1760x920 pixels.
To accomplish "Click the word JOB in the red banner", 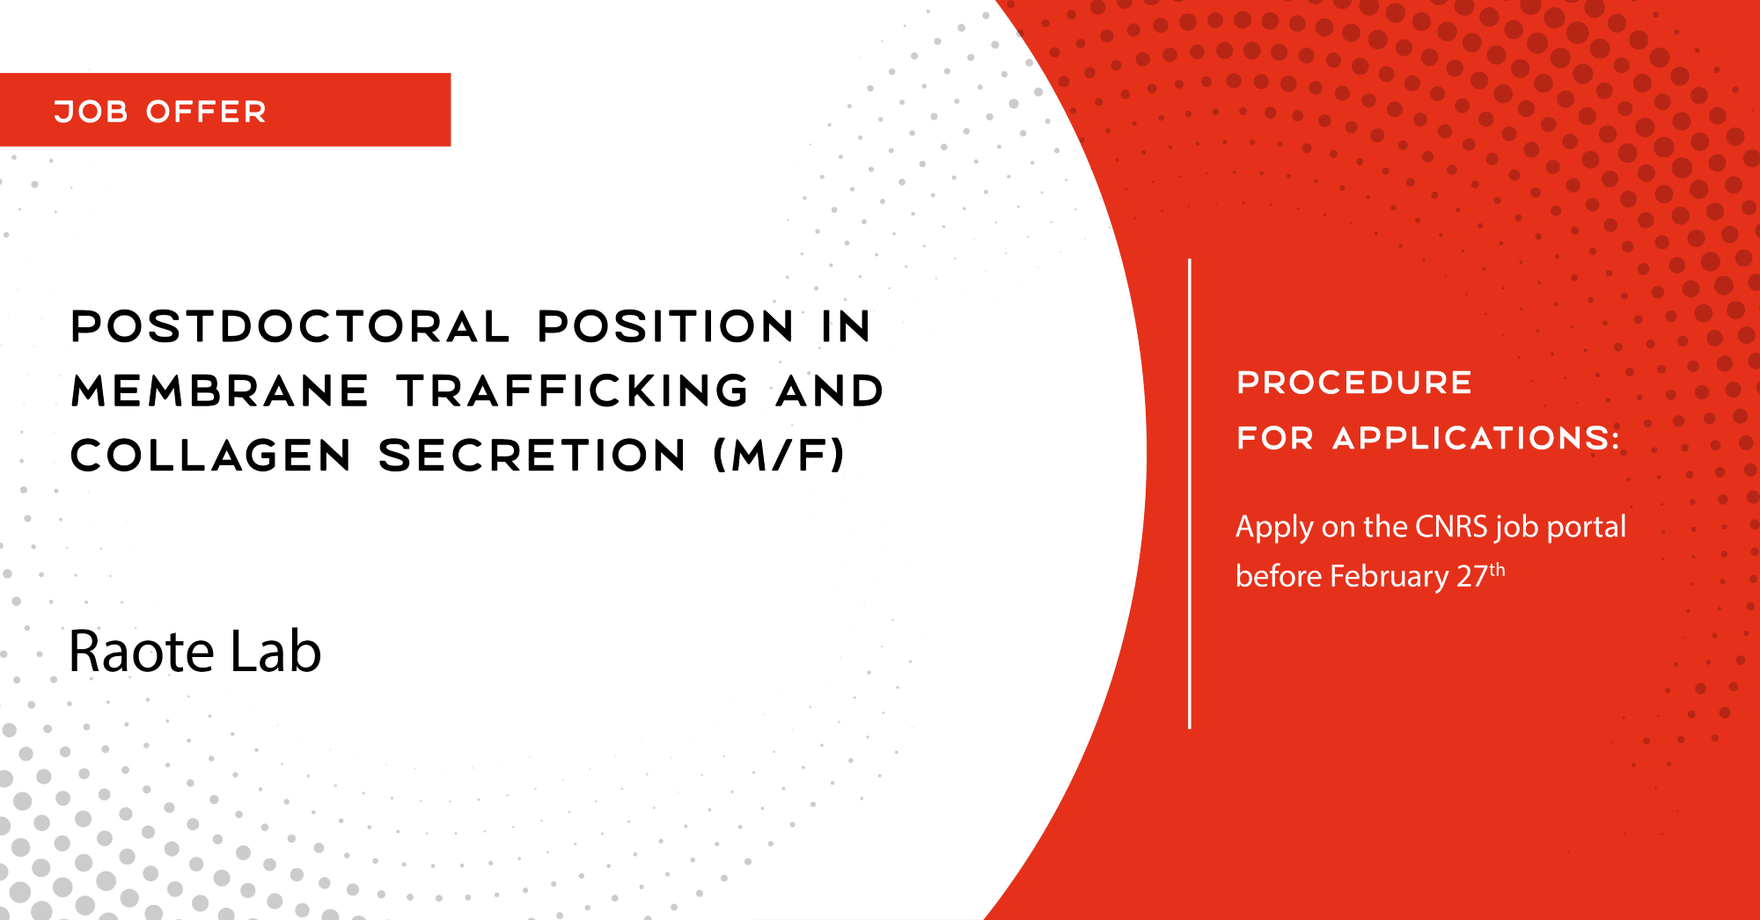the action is pyautogui.click(x=92, y=112).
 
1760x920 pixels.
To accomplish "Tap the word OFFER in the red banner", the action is pyautogui.click(x=206, y=112).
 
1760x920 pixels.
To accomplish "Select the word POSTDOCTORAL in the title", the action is pyautogui.click(x=290, y=326).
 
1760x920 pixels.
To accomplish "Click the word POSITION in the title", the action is pyautogui.click(x=666, y=326).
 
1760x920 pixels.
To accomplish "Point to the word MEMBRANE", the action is pyautogui.click(x=220, y=391).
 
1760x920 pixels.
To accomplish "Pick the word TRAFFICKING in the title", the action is pyautogui.click(x=573, y=391).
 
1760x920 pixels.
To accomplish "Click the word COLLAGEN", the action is pyautogui.click(x=211, y=456).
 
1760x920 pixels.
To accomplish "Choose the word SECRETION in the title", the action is pyautogui.click(x=532, y=456).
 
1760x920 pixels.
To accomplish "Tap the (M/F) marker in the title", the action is pyautogui.click(x=779, y=456).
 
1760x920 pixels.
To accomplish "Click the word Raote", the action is pyautogui.click(x=142, y=652).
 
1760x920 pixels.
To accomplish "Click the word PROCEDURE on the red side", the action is pyautogui.click(x=1354, y=383).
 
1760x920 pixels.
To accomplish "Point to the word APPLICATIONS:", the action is pyautogui.click(x=1477, y=438).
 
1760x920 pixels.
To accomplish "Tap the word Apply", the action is pyautogui.click(x=1274, y=528).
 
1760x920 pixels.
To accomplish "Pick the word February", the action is pyautogui.click(x=1390, y=577).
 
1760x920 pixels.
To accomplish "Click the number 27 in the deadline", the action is pyautogui.click(x=1472, y=576).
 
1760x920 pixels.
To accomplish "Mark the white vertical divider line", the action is pyautogui.click(x=1190, y=493).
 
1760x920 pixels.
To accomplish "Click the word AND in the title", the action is pyautogui.click(x=830, y=391).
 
